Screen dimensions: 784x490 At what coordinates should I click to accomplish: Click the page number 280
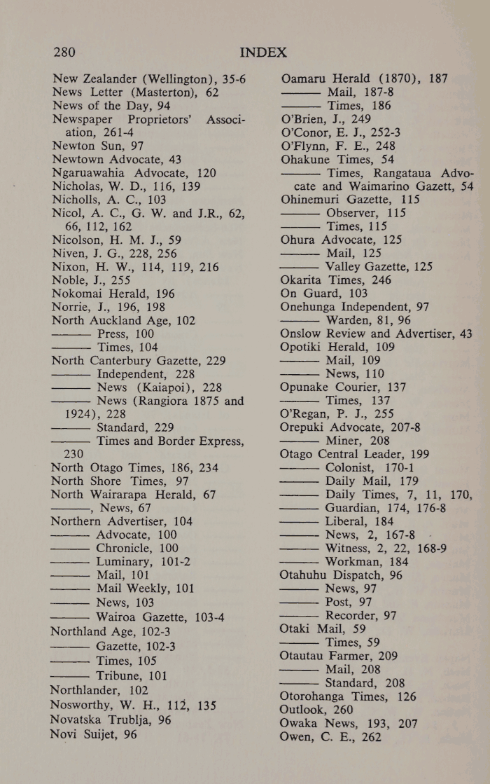pos(64,52)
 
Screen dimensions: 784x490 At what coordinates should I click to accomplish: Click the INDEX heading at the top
pos(263,52)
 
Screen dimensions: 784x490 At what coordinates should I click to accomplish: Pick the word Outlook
pos(306,710)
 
